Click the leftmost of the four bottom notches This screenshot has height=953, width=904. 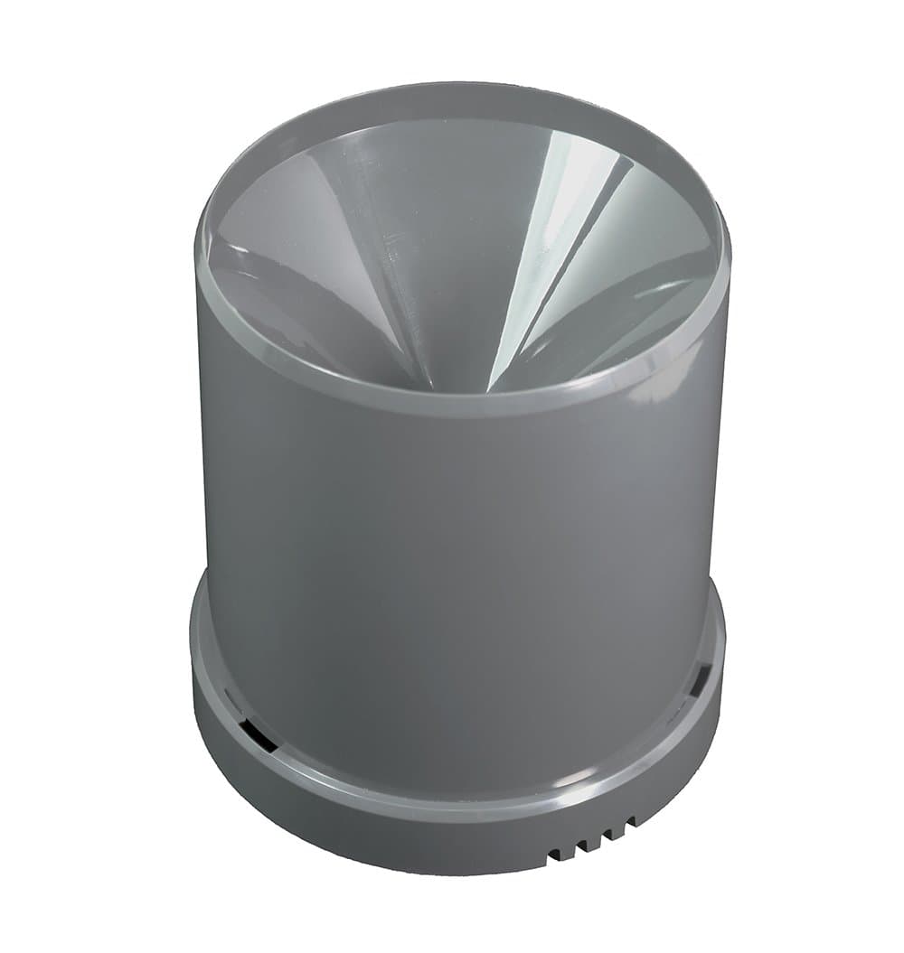[554, 854]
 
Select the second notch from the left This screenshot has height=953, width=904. [582, 845]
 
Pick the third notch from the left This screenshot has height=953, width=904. [607, 835]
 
